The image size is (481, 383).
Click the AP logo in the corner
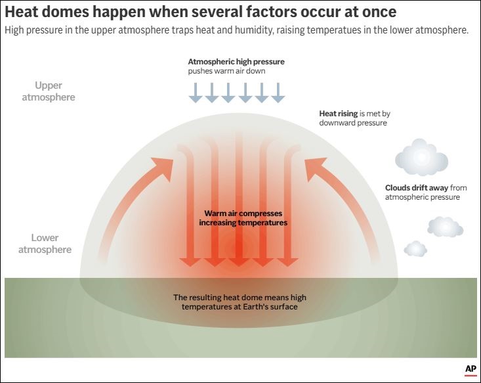tap(470, 370)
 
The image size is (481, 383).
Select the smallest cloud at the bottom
tap(415, 248)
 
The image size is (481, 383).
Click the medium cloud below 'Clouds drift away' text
tap(446, 227)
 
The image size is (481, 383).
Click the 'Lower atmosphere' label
tap(45, 244)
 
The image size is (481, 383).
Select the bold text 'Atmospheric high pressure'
tap(236, 62)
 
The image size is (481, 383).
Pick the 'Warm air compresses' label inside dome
tap(243, 214)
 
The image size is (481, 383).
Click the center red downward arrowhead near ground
tap(237, 261)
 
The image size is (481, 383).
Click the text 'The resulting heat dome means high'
tap(240, 298)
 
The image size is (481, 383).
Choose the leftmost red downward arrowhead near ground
tap(190, 261)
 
